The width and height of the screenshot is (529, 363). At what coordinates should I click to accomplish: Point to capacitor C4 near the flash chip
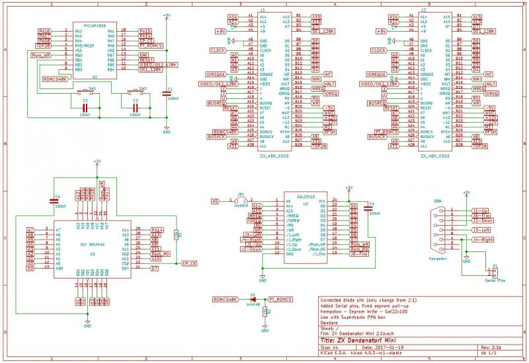coord(54,201)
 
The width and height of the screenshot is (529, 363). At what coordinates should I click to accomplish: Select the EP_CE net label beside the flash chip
coord(189,263)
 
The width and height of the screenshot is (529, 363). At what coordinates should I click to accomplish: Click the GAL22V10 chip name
coord(306,197)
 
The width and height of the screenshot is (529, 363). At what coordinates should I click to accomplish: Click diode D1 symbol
coord(253,300)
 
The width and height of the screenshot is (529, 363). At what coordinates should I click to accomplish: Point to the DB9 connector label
coord(437,200)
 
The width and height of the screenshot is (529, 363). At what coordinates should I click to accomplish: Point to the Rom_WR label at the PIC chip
coord(42,55)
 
